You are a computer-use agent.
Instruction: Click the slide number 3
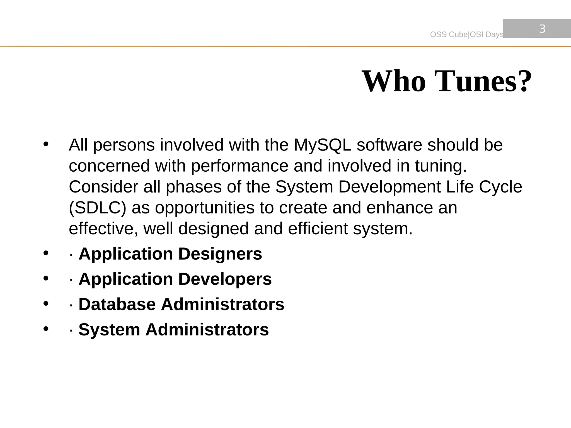tap(542, 29)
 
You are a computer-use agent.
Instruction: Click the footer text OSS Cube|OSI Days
tap(466, 35)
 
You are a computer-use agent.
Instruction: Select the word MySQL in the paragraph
tap(323, 145)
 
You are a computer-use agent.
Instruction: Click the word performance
tap(239, 166)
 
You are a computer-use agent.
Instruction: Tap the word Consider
tap(103, 187)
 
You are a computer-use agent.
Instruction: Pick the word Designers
tap(220, 254)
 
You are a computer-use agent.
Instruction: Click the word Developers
tap(225, 279)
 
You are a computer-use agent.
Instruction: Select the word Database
tap(117, 304)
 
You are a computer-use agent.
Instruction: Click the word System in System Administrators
tap(109, 330)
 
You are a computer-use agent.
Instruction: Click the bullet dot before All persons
tap(46, 144)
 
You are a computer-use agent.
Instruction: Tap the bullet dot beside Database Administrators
tap(46, 303)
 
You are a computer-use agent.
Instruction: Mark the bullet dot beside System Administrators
tap(46, 329)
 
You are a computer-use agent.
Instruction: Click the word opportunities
tap(205, 208)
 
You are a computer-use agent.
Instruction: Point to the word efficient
tap(318, 228)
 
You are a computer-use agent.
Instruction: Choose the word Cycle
tap(500, 187)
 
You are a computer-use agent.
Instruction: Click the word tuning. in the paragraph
tap(441, 166)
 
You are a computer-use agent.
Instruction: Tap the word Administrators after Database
tap(222, 304)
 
